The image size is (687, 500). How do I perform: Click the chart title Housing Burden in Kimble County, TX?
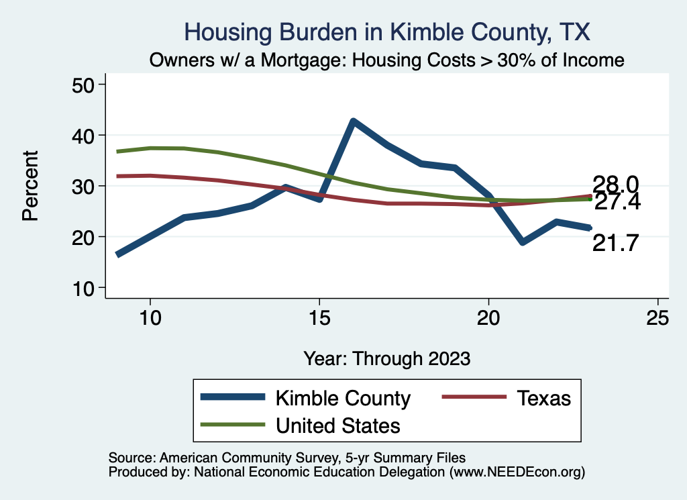(387, 32)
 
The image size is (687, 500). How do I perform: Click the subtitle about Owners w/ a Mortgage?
(387, 60)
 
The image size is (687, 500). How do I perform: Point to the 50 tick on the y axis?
(87, 85)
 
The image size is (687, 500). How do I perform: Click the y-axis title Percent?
(30, 186)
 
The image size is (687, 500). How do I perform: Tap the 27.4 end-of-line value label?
(617, 201)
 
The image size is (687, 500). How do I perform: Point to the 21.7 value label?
(615, 243)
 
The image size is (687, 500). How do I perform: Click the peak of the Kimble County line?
(353, 121)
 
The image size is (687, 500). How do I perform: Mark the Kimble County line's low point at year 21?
(522, 242)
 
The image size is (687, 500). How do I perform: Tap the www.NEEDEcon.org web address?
(517, 472)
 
